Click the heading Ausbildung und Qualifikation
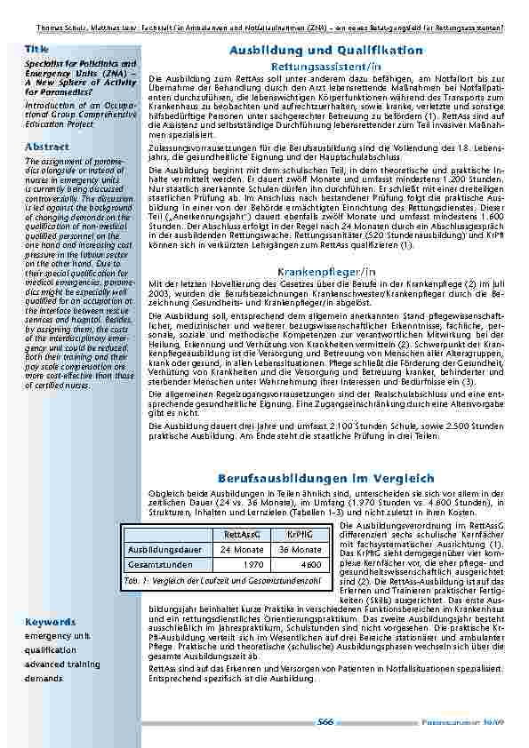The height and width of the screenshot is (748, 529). click(325, 51)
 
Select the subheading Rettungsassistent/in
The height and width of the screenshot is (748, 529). click(326, 67)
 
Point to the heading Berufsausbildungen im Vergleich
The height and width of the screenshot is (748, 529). click(325, 478)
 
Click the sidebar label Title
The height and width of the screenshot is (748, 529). click(36, 49)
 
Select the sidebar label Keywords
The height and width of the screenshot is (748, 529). click(49, 622)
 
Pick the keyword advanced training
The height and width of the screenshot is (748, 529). click(62, 664)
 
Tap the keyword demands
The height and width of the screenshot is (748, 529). click(44, 678)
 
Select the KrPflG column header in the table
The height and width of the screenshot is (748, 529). click(300, 534)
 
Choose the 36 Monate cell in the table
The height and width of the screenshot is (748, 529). click(300, 550)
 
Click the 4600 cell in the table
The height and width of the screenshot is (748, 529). click(310, 565)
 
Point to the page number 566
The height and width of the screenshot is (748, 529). click(325, 722)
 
